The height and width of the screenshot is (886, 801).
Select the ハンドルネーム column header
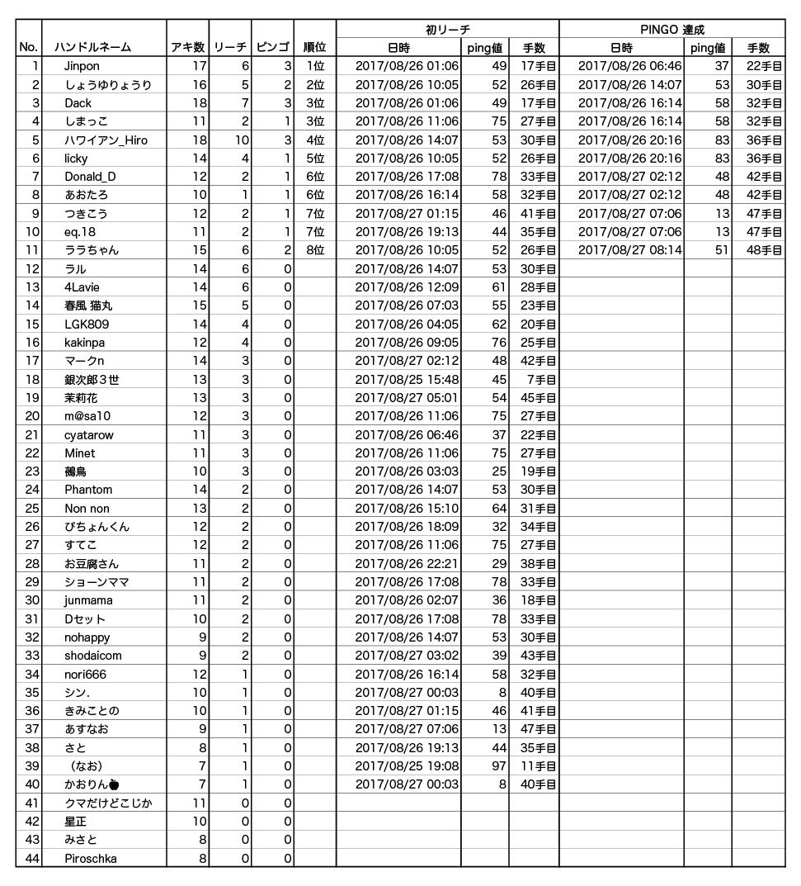click(92, 48)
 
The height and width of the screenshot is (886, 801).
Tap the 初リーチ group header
click(448, 30)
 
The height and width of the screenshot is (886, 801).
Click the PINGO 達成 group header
click(671, 30)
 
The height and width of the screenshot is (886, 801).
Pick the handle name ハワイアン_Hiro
click(106, 140)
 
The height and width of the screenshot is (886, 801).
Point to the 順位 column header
click(314, 48)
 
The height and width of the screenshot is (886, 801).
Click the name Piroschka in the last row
click(91, 859)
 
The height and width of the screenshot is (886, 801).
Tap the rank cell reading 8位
click(314, 250)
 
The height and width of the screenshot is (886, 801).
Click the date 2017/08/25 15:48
click(407, 380)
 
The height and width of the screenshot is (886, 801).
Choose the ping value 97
click(497, 766)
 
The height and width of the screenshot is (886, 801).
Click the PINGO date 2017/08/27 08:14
click(629, 250)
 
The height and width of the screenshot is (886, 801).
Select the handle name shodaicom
click(93, 656)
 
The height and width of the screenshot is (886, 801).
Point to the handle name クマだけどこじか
click(108, 803)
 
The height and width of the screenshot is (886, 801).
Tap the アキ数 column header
click(187, 48)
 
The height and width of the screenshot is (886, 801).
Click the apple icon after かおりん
click(114, 784)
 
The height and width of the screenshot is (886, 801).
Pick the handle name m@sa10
click(87, 416)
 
